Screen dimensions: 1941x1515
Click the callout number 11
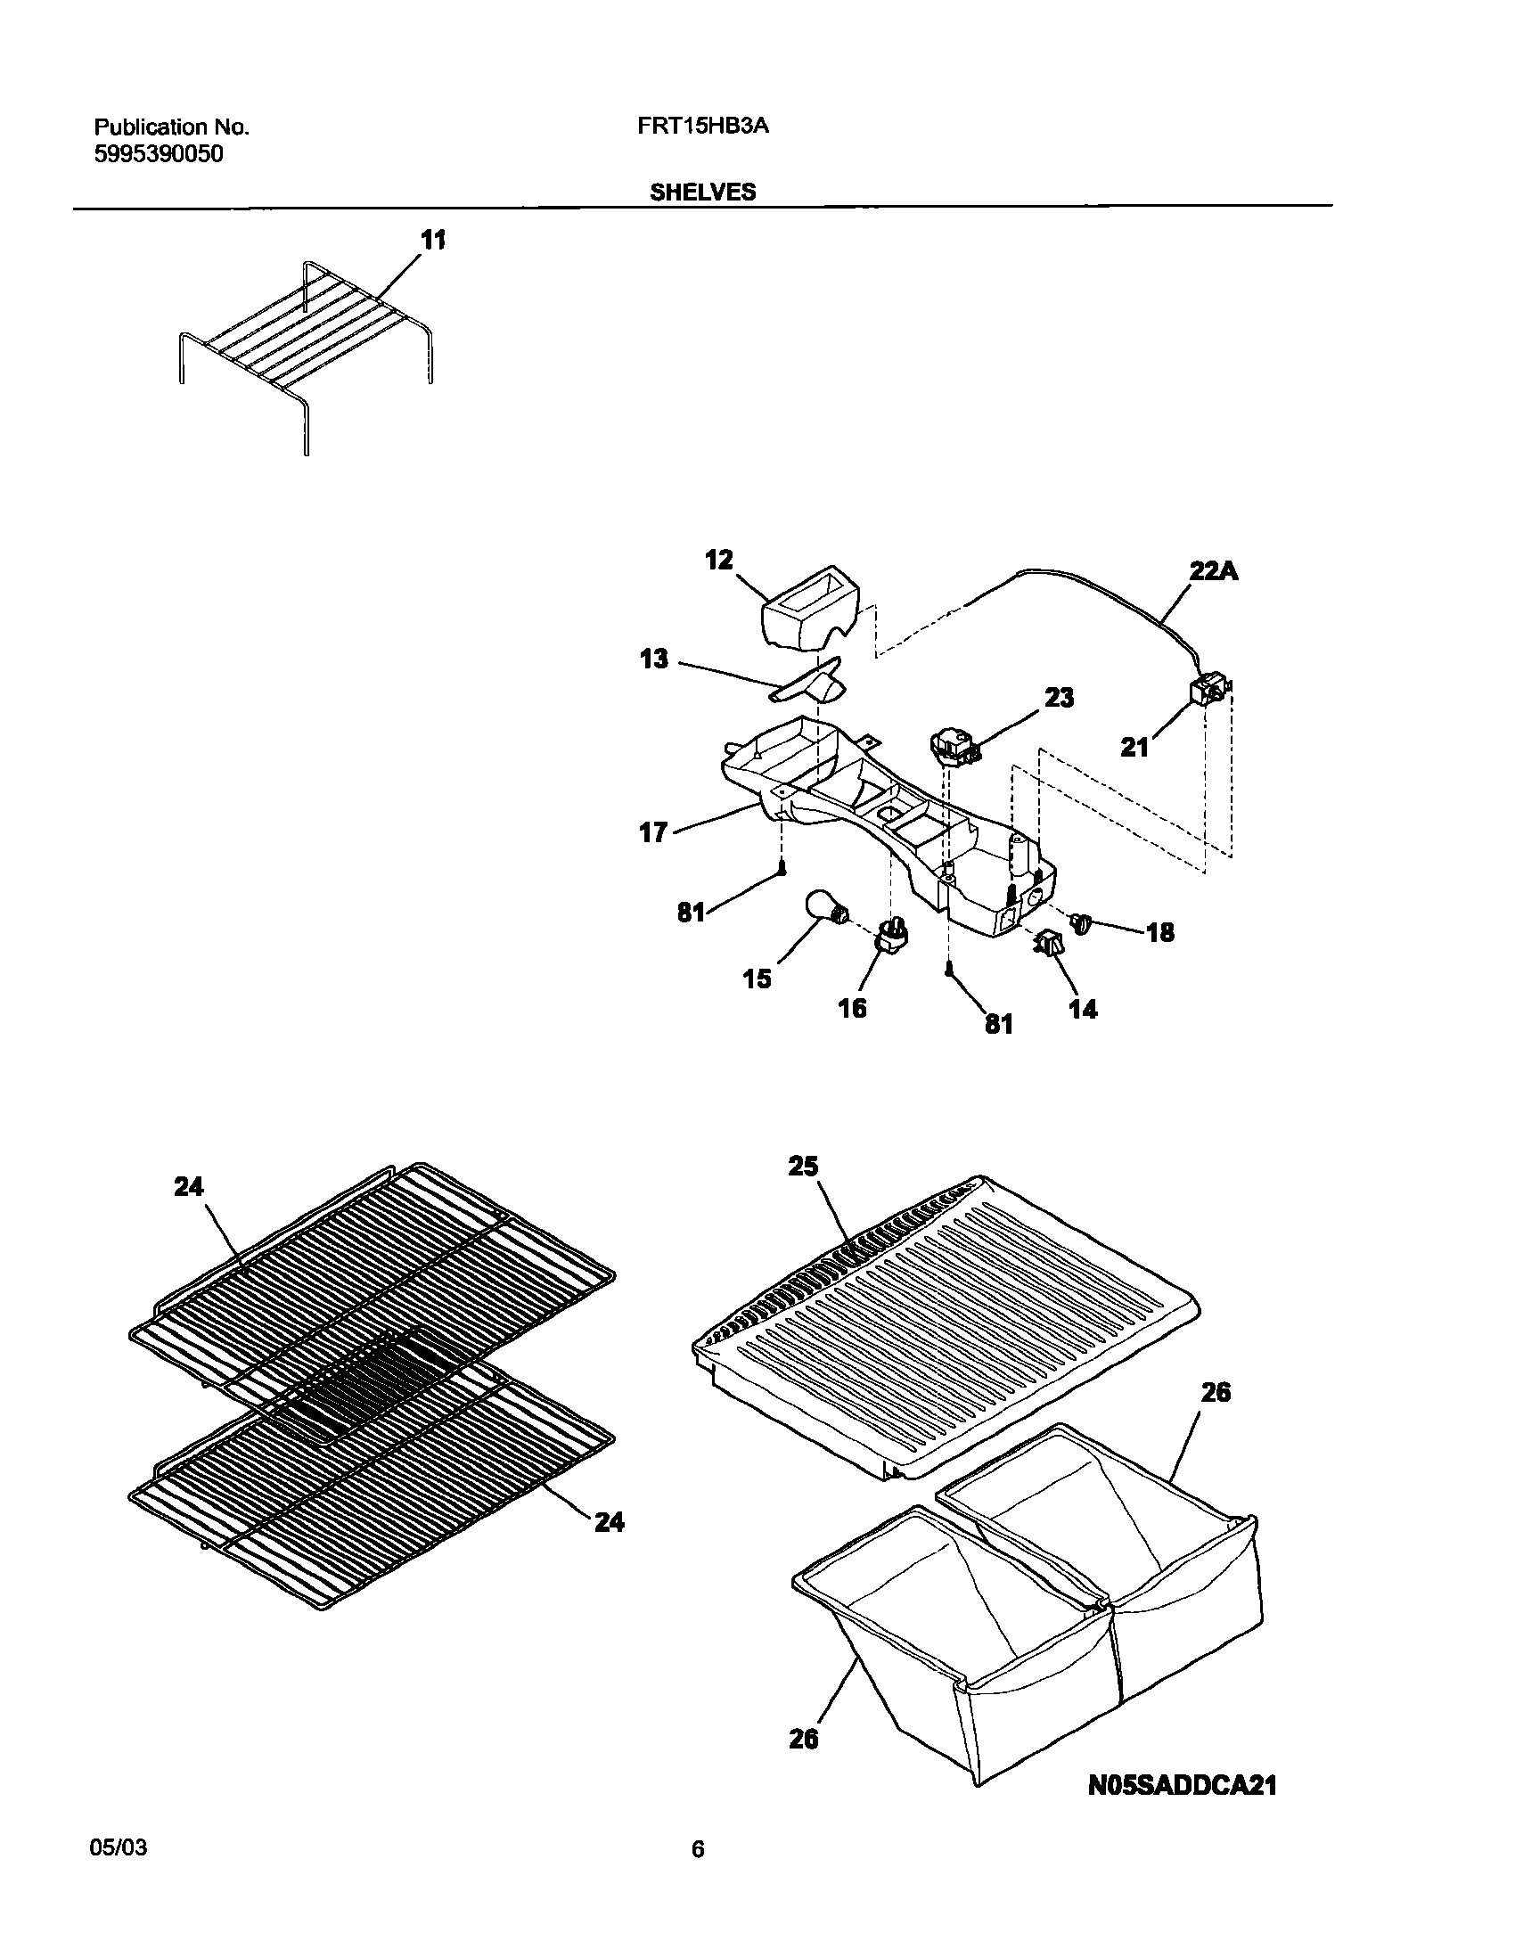coord(433,241)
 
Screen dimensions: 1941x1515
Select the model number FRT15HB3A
coord(702,127)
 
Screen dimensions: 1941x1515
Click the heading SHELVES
coord(702,192)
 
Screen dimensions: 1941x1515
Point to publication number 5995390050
coord(159,154)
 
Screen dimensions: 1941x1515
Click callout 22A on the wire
coord(1214,571)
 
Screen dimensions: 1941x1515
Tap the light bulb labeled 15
coord(825,907)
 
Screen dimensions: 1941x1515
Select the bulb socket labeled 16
coord(894,934)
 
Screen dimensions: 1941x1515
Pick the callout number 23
coord(1059,697)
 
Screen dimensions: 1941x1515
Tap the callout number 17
coord(653,832)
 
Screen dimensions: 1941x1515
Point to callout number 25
coord(803,1166)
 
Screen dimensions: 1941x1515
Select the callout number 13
coord(654,659)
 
